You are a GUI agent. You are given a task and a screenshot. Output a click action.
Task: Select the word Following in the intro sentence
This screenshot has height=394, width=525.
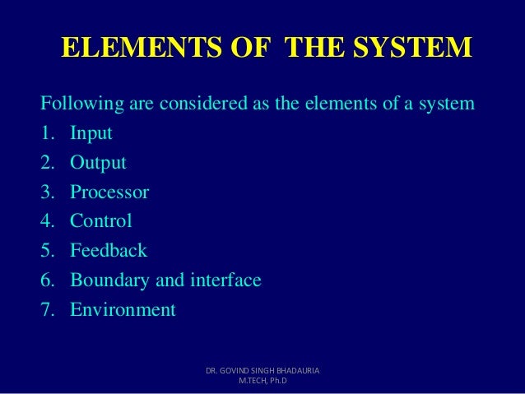(x=80, y=104)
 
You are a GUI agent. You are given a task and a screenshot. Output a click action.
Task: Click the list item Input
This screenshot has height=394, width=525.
(x=91, y=134)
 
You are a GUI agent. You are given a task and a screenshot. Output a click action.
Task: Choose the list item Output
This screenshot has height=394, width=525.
(x=98, y=163)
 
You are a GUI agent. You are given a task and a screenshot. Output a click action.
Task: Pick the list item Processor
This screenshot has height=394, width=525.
(x=109, y=192)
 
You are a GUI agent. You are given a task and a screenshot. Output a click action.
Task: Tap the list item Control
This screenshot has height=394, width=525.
(x=100, y=221)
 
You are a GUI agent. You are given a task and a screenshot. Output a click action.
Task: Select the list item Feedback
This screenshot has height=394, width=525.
(x=109, y=251)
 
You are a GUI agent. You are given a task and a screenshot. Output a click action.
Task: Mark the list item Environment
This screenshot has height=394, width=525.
(x=123, y=310)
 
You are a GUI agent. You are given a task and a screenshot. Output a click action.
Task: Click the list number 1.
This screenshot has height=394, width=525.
(x=47, y=134)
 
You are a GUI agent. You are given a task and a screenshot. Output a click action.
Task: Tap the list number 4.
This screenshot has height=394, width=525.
(x=47, y=221)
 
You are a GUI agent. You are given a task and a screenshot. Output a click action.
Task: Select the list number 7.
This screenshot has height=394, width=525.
(x=47, y=310)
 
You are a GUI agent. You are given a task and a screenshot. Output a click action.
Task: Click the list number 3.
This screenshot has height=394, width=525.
(x=47, y=192)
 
